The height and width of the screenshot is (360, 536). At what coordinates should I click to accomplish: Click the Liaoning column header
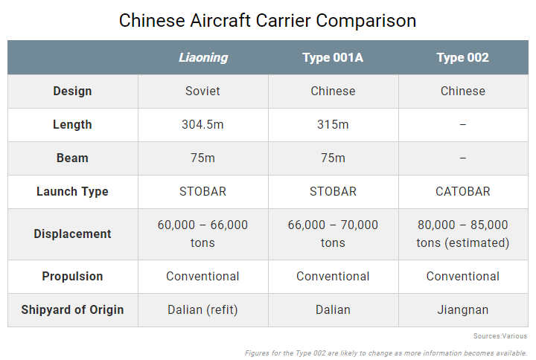click(203, 57)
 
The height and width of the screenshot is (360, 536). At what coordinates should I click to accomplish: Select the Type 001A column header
click(333, 57)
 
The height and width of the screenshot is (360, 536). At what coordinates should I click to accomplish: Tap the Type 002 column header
click(462, 57)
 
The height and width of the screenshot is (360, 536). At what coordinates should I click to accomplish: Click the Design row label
click(72, 91)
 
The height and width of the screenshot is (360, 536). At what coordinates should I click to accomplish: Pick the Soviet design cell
click(202, 91)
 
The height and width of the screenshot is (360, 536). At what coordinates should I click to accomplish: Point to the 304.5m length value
click(202, 125)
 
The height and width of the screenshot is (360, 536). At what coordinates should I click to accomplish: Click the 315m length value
click(333, 125)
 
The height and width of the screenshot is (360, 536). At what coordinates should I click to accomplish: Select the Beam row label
click(72, 158)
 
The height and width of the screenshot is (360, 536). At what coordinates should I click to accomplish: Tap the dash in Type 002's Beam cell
click(463, 158)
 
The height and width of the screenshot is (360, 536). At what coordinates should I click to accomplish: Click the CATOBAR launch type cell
click(463, 192)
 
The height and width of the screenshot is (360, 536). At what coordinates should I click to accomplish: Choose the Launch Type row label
click(72, 192)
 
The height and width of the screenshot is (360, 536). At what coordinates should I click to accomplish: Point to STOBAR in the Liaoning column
click(202, 192)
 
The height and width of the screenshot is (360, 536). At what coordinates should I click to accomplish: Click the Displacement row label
click(72, 234)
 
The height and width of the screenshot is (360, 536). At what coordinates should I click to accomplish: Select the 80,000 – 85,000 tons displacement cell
click(463, 234)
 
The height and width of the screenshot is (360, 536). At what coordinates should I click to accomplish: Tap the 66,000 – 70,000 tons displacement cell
click(333, 234)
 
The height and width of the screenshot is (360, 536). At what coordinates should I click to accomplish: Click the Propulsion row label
click(72, 276)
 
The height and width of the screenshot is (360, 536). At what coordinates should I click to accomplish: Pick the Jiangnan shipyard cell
click(463, 309)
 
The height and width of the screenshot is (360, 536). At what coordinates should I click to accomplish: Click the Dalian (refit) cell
click(202, 309)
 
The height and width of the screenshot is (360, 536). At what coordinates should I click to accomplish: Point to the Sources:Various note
click(500, 336)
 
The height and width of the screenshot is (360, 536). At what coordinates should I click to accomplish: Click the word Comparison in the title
click(366, 21)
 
